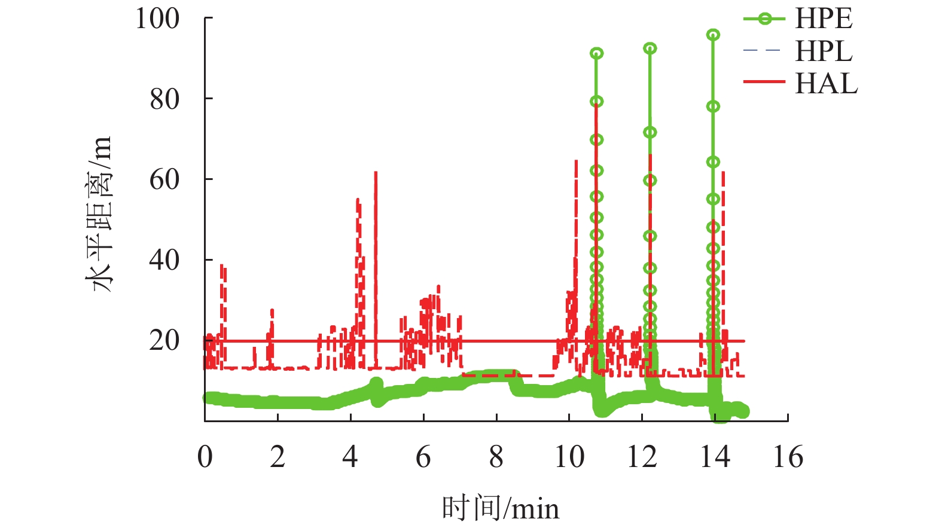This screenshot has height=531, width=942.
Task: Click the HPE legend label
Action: (823, 19)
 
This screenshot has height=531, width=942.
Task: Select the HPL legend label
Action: (823, 51)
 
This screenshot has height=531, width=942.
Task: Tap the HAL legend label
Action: (826, 83)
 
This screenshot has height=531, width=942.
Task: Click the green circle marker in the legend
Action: (764, 19)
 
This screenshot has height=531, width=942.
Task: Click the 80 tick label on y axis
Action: (164, 99)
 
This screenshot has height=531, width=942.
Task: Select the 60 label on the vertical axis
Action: (164, 179)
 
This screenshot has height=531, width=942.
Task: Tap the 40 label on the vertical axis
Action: (164, 260)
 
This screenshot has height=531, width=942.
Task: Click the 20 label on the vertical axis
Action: (164, 341)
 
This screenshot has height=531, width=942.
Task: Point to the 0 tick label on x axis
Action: (205, 457)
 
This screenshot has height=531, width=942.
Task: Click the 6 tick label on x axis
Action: (423, 457)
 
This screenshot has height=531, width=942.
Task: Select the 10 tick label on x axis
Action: (569, 457)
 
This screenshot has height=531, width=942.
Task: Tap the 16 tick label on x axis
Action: (788, 457)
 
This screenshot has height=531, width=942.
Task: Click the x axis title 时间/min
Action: (501, 508)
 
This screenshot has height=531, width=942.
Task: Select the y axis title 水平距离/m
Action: (100, 213)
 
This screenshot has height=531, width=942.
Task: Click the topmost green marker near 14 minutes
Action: (713, 35)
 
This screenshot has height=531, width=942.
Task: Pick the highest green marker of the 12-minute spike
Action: (650, 48)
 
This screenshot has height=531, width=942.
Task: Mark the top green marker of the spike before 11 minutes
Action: (596, 54)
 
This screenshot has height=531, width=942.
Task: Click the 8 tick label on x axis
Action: (496, 457)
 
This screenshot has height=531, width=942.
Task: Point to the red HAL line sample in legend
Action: (764, 82)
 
